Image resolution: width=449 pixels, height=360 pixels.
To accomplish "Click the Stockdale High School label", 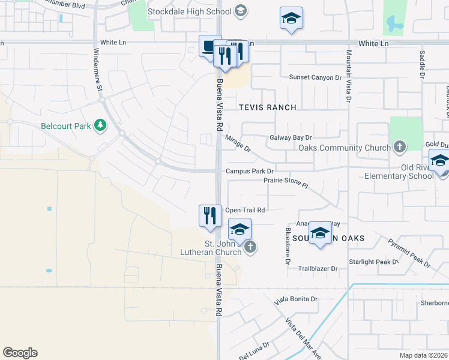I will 190,11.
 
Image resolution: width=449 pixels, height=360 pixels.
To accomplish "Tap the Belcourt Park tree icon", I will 101,125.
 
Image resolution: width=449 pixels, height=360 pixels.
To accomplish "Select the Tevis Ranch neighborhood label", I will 268,107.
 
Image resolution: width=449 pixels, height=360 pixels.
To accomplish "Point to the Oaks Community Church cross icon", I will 400,147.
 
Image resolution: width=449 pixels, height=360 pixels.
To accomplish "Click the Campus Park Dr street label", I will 250,172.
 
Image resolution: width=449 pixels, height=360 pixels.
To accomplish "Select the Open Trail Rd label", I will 245,210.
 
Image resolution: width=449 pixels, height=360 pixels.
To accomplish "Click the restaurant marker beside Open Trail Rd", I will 209,215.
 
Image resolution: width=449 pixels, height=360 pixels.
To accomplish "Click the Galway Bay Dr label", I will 291,137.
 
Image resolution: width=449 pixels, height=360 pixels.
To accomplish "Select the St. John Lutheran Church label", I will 223,248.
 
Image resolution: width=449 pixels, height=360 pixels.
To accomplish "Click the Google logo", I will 20,353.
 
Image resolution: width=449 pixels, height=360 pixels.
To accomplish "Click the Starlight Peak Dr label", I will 374,262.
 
